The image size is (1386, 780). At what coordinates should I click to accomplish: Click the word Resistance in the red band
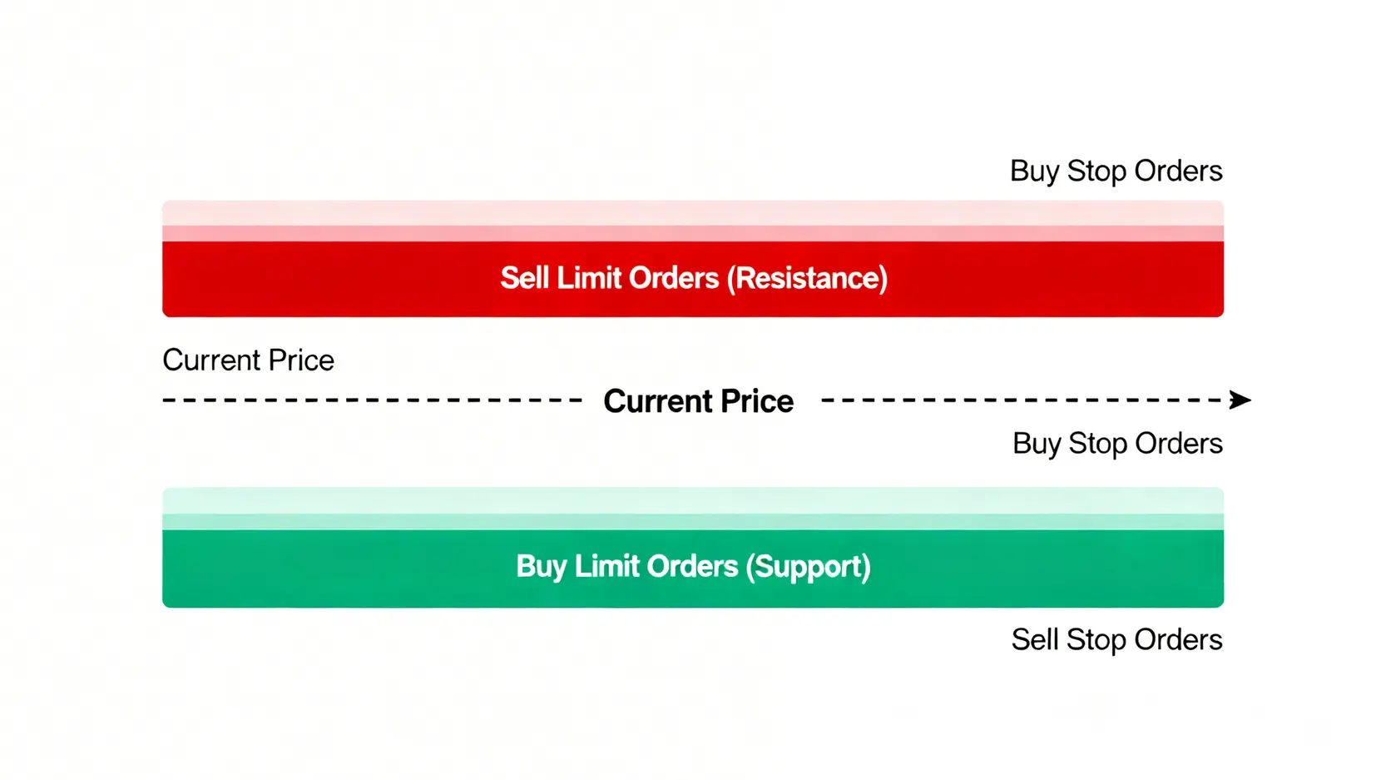click(807, 278)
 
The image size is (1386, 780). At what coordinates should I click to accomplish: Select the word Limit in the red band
click(588, 277)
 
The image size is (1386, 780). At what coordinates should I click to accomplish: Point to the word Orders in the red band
click(674, 278)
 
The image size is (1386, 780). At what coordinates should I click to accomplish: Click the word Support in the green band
click(808, 567)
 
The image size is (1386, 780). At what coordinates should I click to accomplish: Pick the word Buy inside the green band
click(542, 566)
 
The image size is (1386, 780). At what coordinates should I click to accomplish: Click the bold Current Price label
click(699, 401)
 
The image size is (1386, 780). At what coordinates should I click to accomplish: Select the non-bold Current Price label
click(248, 360)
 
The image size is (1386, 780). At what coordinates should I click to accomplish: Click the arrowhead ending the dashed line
click(1240, 400)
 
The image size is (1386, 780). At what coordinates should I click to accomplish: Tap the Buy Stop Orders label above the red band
click(1116, 171)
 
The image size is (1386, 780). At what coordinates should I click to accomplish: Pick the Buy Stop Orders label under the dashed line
click(1117, 444)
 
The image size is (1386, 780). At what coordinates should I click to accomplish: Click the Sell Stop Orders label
click(1116, 639)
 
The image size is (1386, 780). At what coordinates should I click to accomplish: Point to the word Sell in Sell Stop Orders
click(1035, 639)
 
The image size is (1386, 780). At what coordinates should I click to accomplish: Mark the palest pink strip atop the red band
click(693, 213)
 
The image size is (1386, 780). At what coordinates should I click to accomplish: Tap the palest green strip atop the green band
click(693, 501)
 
